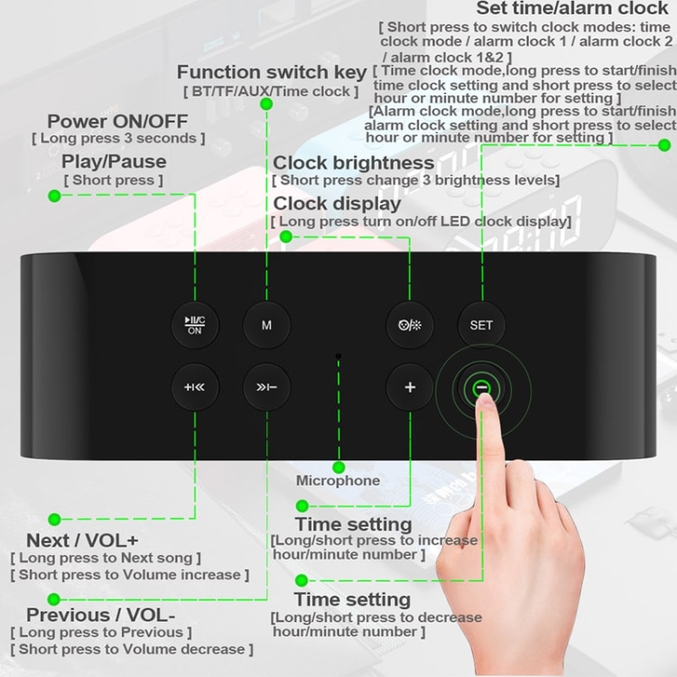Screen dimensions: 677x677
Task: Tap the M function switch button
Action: [266, 325]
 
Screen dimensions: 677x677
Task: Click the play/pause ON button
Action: [195, 325]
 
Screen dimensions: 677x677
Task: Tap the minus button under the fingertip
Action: [481, 388]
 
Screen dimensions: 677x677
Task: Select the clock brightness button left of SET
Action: [410, 325]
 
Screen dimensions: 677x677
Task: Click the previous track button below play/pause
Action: [195, 388]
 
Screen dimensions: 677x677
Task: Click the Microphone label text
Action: [338, 481]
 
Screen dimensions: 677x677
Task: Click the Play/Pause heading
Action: [114, 162]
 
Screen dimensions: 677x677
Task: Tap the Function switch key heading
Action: [272, 72]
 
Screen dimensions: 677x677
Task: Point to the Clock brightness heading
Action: [354, 163]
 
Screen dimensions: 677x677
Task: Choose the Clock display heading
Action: [337, 203]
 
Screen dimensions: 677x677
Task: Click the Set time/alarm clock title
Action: [572, 8]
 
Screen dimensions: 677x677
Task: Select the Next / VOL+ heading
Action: [82, 540]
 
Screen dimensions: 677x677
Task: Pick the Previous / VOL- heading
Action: [100, 616]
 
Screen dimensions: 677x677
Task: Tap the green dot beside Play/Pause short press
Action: [54, 196]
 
